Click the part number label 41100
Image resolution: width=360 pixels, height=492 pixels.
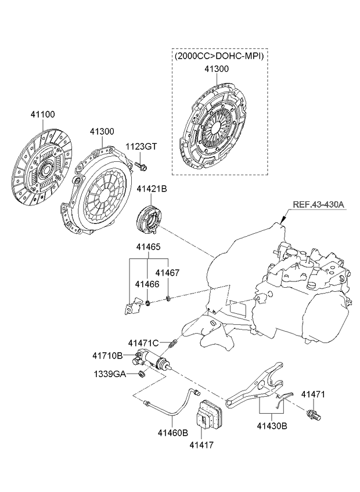point(42,114)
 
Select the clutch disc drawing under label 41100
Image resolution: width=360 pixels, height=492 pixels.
point(44,169)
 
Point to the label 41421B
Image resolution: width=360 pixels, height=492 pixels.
point(152,189)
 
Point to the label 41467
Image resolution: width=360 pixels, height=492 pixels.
point(167,272)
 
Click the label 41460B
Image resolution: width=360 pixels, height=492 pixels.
point(173,432)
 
